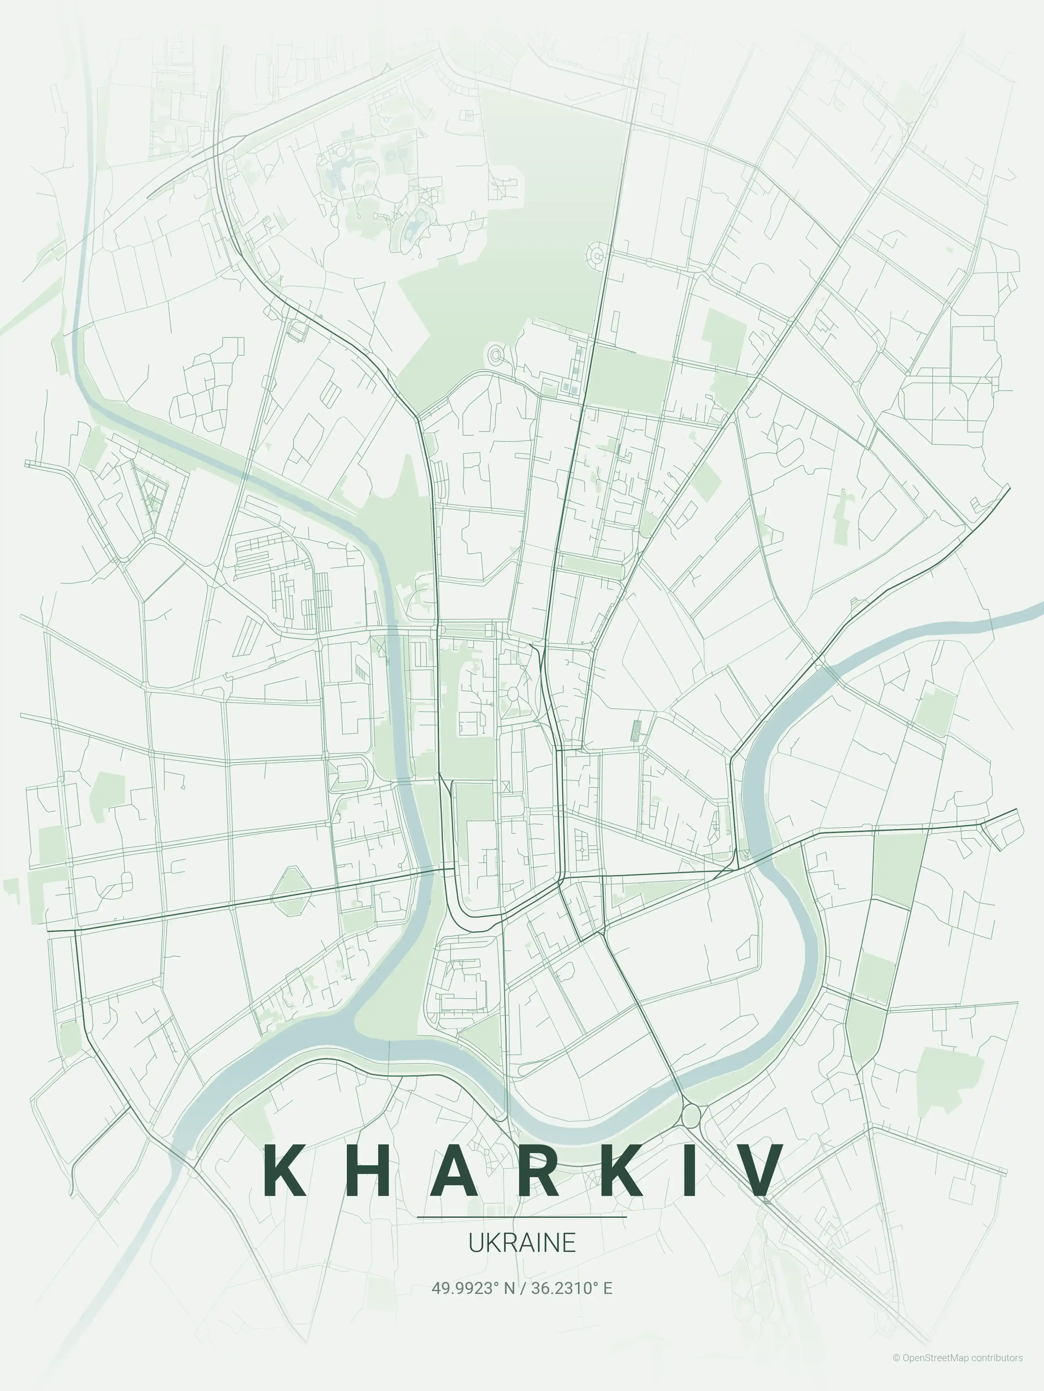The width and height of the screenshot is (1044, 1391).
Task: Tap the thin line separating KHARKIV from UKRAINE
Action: tap(522, 1217)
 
